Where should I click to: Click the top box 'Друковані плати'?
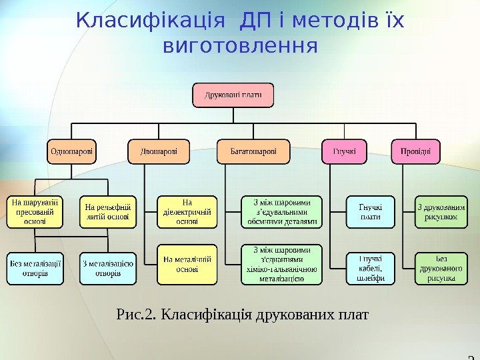point(234,95)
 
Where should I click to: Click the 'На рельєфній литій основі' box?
point(108,211)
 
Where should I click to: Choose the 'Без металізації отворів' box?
point(35,268)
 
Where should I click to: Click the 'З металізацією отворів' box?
point(108,268)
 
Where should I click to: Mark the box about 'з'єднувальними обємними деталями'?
point(281,211)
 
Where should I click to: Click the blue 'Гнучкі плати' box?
point(371,211)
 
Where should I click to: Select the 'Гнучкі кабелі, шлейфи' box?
point(371,268)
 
